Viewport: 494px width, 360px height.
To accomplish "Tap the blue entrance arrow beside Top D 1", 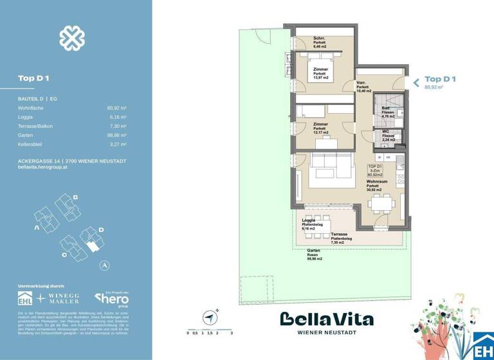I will [416, 82].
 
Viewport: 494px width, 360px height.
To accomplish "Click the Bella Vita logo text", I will [327, 319].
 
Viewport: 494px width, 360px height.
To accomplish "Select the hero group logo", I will [112, 298].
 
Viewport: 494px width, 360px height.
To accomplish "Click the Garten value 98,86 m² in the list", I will [116, 136].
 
